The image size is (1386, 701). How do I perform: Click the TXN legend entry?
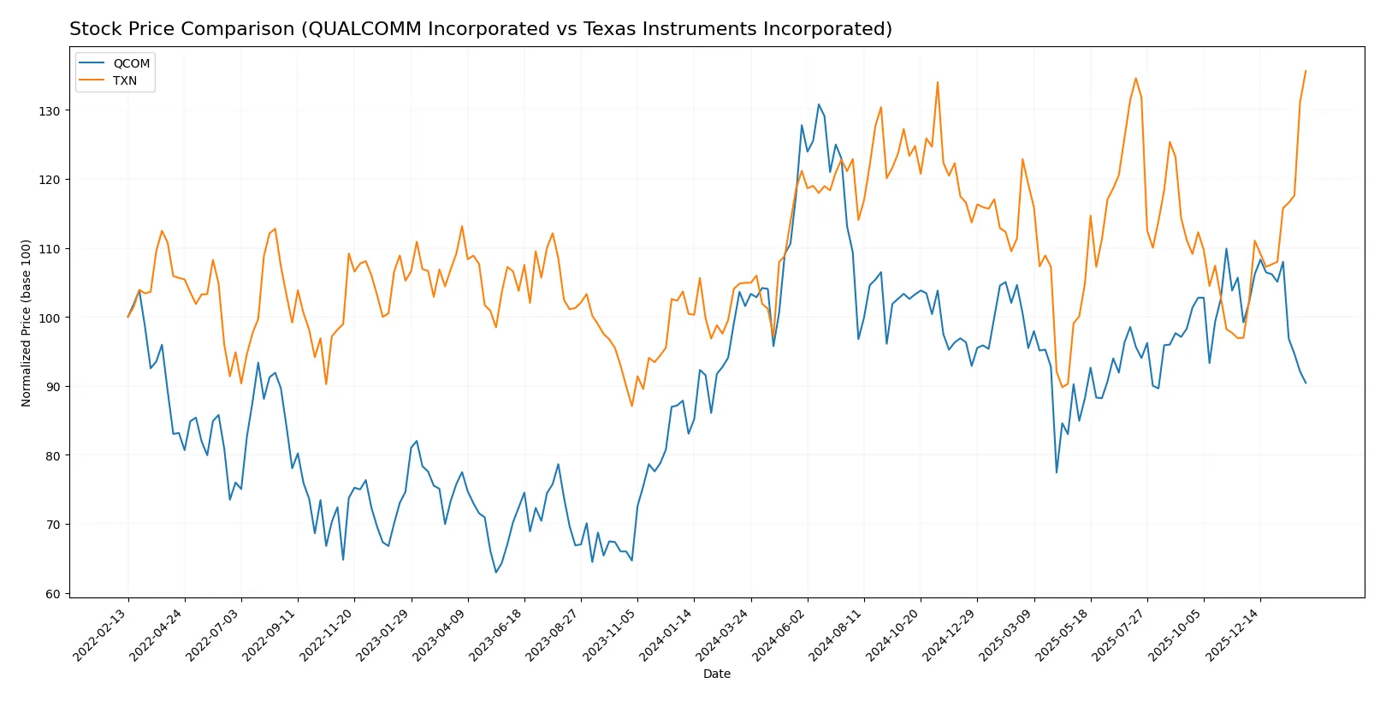point(124,80)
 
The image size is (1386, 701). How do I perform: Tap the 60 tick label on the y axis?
point(53,594)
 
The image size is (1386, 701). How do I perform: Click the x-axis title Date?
point(716,674)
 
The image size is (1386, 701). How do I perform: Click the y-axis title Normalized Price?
point(27,323)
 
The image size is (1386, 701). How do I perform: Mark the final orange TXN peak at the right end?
point(1306,71)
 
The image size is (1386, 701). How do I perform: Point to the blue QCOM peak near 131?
point(819,104)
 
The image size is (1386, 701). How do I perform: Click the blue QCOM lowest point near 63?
point(495,573)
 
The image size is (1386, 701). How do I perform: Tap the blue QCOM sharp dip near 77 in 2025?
point(1057,472)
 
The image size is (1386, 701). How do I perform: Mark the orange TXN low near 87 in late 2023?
point(632,406)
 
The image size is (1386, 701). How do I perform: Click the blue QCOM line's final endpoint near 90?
point(1306,383)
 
